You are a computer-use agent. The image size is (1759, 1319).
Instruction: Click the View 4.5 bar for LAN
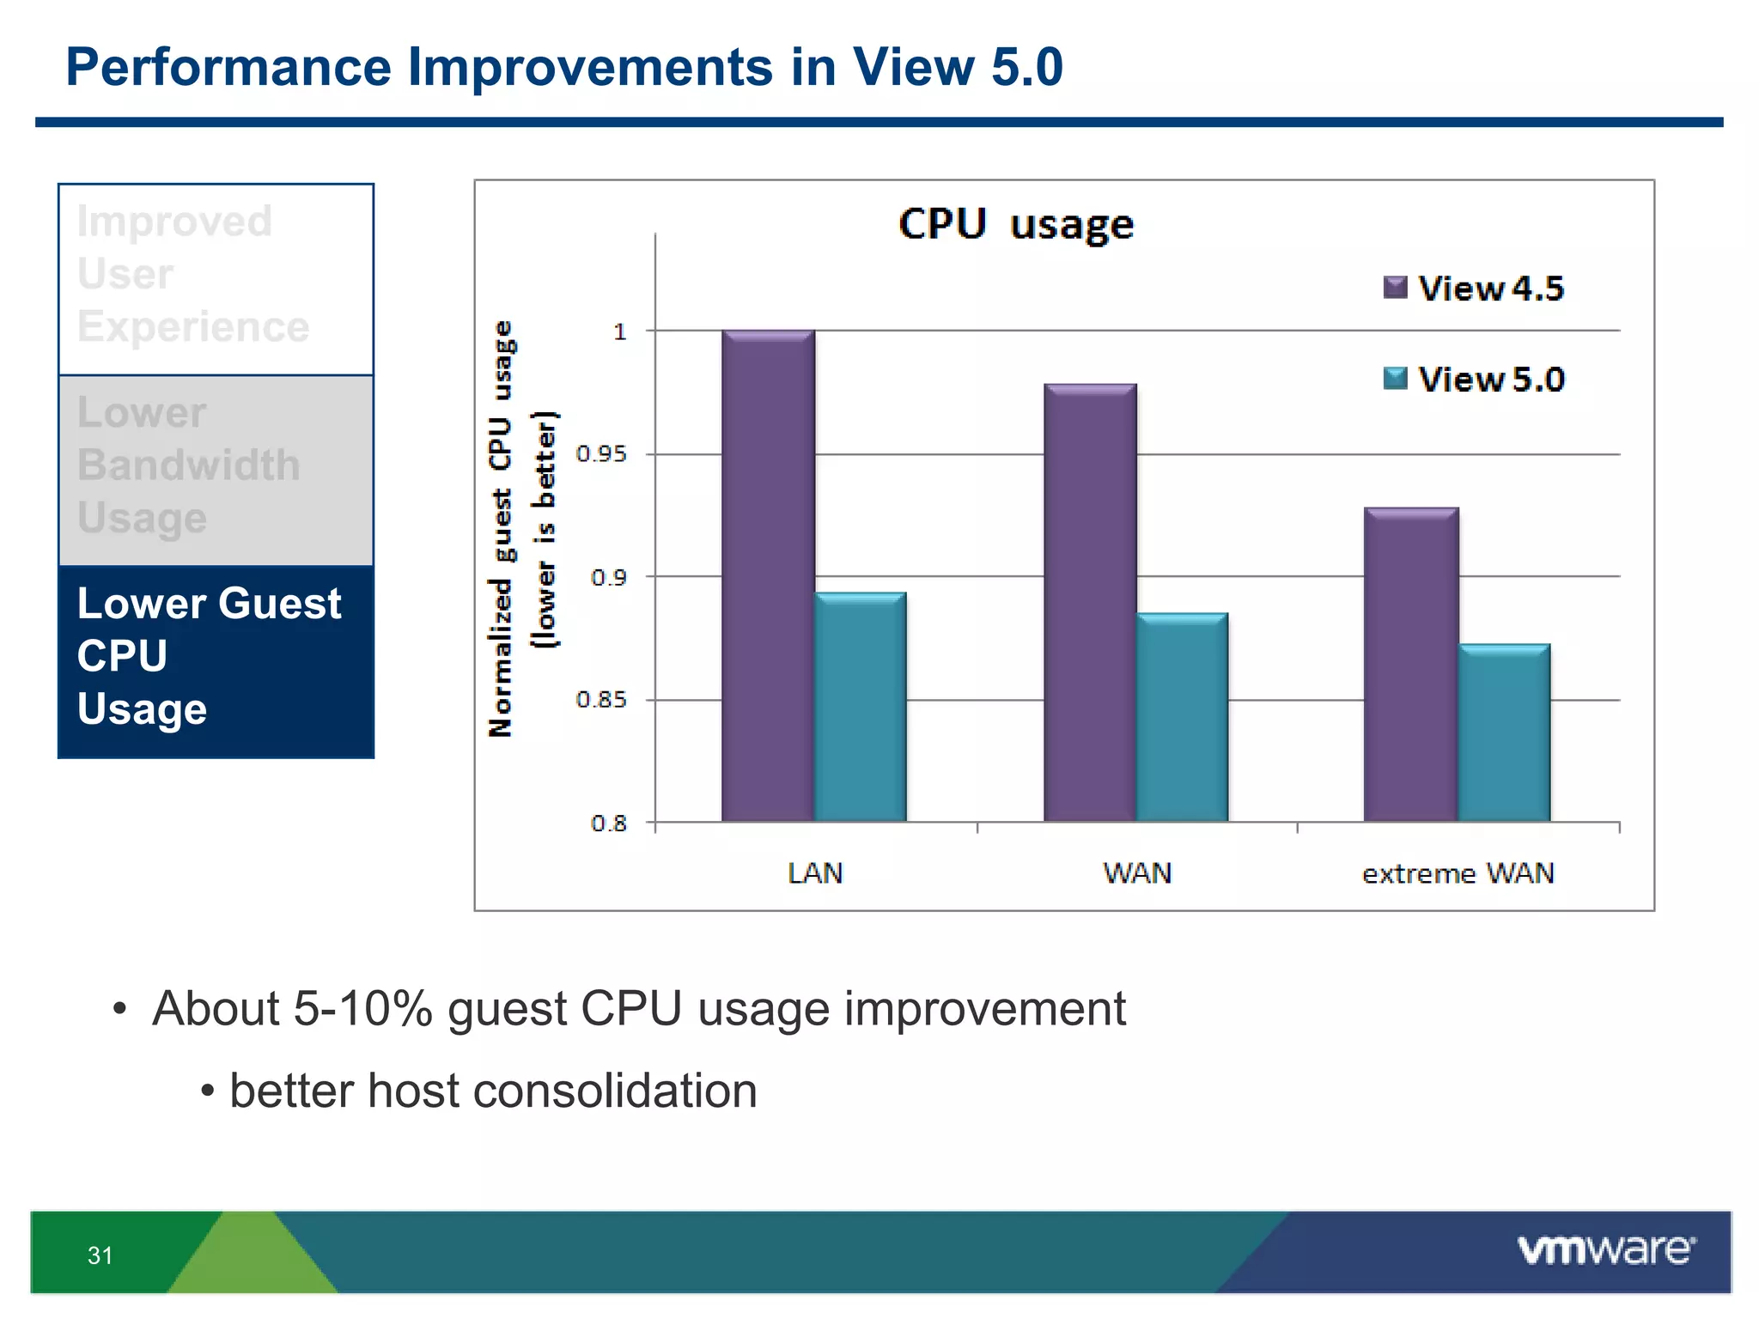pos(768,575)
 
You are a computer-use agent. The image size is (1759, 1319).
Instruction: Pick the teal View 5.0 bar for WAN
pos(1182,717)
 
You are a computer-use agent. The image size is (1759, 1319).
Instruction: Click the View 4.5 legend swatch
pos(1395,288)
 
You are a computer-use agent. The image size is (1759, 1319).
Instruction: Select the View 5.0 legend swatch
pos(1395,379)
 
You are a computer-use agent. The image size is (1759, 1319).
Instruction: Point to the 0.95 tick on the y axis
pos(601,454)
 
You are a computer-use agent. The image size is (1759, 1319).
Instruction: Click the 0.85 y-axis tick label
pos(601,700)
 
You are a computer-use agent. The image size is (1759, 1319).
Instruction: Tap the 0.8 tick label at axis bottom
pos(608,824)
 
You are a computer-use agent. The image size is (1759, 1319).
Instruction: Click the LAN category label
pos(815,873)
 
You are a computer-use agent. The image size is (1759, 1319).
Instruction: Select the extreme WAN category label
pos(1458,873)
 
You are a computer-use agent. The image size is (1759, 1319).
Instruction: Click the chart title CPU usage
pos(1016,225)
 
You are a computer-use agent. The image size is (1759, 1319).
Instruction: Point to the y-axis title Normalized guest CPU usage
pos(501,528)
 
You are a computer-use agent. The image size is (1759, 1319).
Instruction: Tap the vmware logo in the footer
pos(1606,1250)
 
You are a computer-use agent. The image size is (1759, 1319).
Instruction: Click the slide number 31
pos(100,1255)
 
